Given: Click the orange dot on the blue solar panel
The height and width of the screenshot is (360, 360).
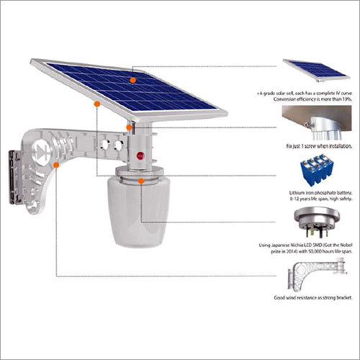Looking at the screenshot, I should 133,78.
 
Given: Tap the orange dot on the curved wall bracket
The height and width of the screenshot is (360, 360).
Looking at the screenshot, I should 55,165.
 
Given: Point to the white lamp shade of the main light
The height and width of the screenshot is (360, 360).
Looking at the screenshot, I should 141,216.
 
